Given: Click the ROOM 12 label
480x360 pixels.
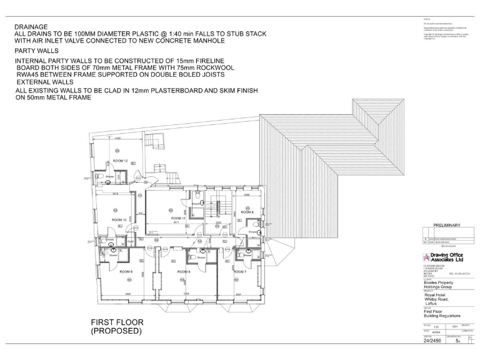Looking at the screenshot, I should (121, 161).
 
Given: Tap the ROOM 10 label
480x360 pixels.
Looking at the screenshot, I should (119, 220).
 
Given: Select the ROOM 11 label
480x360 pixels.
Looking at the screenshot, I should (179, 217).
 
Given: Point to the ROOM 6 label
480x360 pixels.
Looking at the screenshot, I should (247, 212).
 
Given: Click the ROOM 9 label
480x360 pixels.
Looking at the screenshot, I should (126, 271).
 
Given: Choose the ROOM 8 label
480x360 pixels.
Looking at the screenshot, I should (184, 272).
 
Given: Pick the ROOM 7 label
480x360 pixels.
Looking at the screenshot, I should (241, 271).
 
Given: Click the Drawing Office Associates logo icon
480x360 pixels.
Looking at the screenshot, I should (427, 258).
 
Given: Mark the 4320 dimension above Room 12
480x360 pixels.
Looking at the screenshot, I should (117, 137).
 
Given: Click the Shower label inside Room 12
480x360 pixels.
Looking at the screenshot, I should (109, 177).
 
